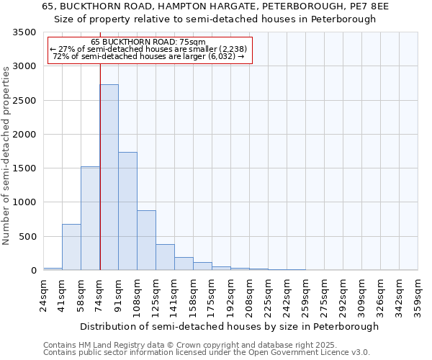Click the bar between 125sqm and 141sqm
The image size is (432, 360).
tap(165, 257)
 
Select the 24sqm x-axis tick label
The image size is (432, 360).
tap(44, 295)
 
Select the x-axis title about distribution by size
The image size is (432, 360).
tap(229, 326)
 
